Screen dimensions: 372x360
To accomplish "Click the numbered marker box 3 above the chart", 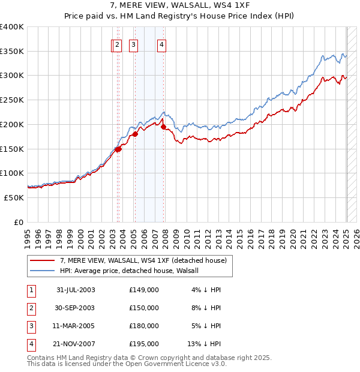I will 133,44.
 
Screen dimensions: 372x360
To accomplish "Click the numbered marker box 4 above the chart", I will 162,44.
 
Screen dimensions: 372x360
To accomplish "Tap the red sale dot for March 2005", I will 135,134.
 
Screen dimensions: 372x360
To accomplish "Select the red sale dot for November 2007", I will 163,127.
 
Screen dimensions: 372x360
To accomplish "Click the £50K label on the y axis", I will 14,197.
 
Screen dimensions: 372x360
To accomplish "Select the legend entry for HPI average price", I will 133,271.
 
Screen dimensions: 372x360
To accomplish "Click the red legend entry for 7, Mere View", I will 143,260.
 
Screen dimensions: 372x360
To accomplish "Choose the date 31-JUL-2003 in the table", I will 76,290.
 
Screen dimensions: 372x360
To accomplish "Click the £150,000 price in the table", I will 144,308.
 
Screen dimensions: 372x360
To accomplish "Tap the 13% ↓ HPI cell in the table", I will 204,344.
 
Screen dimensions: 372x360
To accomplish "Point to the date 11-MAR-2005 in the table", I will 76,326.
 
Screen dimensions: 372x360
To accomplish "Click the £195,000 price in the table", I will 144,344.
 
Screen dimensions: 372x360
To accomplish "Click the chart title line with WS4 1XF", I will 179,5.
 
